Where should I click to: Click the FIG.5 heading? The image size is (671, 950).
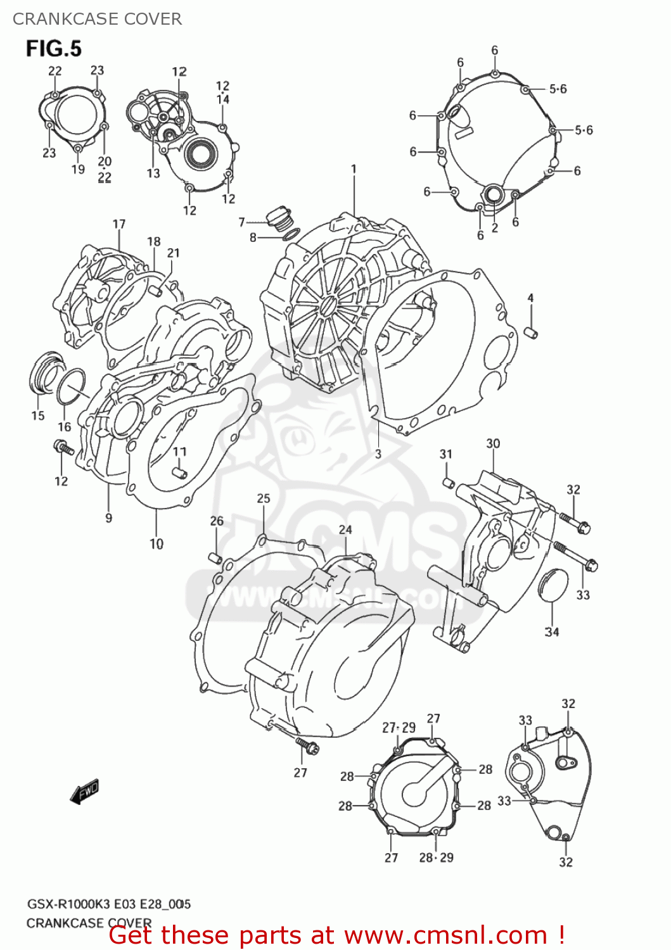(54, 49)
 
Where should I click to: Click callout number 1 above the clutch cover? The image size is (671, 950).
(354, 169)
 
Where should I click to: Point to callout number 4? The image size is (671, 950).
(530, 298)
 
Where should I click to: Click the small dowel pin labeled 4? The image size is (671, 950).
(532, 332)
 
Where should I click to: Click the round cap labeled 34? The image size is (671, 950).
(553, 585)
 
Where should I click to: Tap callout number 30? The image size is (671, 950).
(493, 443)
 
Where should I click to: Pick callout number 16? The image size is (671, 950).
(65, 427)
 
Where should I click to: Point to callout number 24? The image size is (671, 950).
(345, 529)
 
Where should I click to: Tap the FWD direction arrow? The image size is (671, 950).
(85, 791)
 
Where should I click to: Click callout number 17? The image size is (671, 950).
(119, 224)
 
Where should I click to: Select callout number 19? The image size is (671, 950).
(78, 169)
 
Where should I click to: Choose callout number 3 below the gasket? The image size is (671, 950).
(378, 453)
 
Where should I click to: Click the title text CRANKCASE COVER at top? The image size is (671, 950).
(98, 19)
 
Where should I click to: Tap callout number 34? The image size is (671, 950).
(552, 631)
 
